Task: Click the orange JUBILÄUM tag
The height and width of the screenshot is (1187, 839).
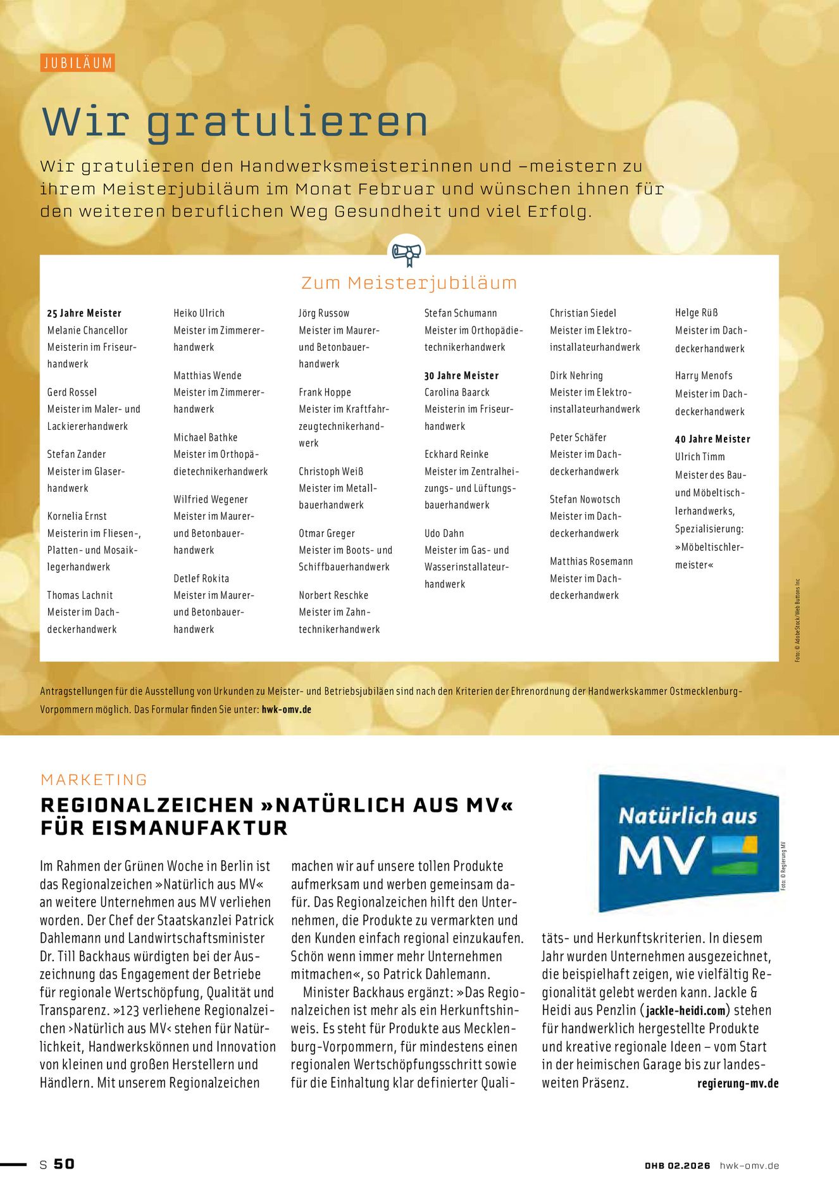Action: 78,63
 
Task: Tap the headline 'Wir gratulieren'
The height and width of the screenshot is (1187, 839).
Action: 235,122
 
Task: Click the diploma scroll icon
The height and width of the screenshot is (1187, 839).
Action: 406,254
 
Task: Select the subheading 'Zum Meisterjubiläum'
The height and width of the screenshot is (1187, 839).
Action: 409,283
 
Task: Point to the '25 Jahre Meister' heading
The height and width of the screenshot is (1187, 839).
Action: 84,313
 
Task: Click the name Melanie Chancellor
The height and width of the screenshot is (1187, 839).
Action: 87,330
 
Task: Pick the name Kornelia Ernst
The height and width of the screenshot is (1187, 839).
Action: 77,517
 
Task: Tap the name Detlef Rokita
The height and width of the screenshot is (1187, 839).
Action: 201,579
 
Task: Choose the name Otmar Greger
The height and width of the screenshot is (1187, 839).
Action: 326,534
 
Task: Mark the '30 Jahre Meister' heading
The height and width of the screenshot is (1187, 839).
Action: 461,376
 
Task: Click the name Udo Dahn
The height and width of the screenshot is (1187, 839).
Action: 444,534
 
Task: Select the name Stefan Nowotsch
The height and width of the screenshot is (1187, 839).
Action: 585,499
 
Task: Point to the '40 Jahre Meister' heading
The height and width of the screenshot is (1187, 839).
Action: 712,439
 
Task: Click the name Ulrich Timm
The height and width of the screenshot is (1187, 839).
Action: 700,457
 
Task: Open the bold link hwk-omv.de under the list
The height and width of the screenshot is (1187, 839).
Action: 287,710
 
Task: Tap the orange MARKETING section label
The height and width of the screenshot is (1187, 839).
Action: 94,780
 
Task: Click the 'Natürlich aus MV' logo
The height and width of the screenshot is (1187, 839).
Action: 688,840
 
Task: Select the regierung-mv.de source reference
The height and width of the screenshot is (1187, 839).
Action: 738,1083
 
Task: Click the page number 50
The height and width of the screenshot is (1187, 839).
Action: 64,1164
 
